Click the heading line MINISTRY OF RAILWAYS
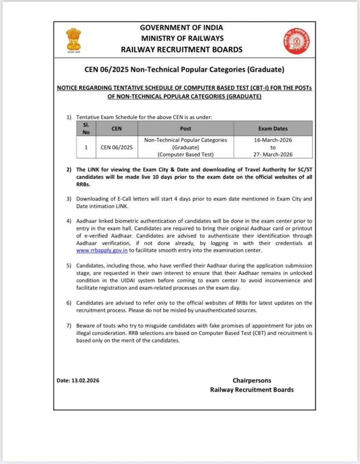(x=182, y=39)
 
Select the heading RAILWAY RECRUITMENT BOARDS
(x=182, y=50)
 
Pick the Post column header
(x=186, y=129)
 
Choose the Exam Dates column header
(x=273, y=129)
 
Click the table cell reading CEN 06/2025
(x=117, y=147)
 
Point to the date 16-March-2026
(x=273, y=140)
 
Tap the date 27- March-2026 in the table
(x=273, y=155)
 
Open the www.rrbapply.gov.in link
(x=102, y=251)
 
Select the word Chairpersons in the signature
(x=252, y=381)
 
